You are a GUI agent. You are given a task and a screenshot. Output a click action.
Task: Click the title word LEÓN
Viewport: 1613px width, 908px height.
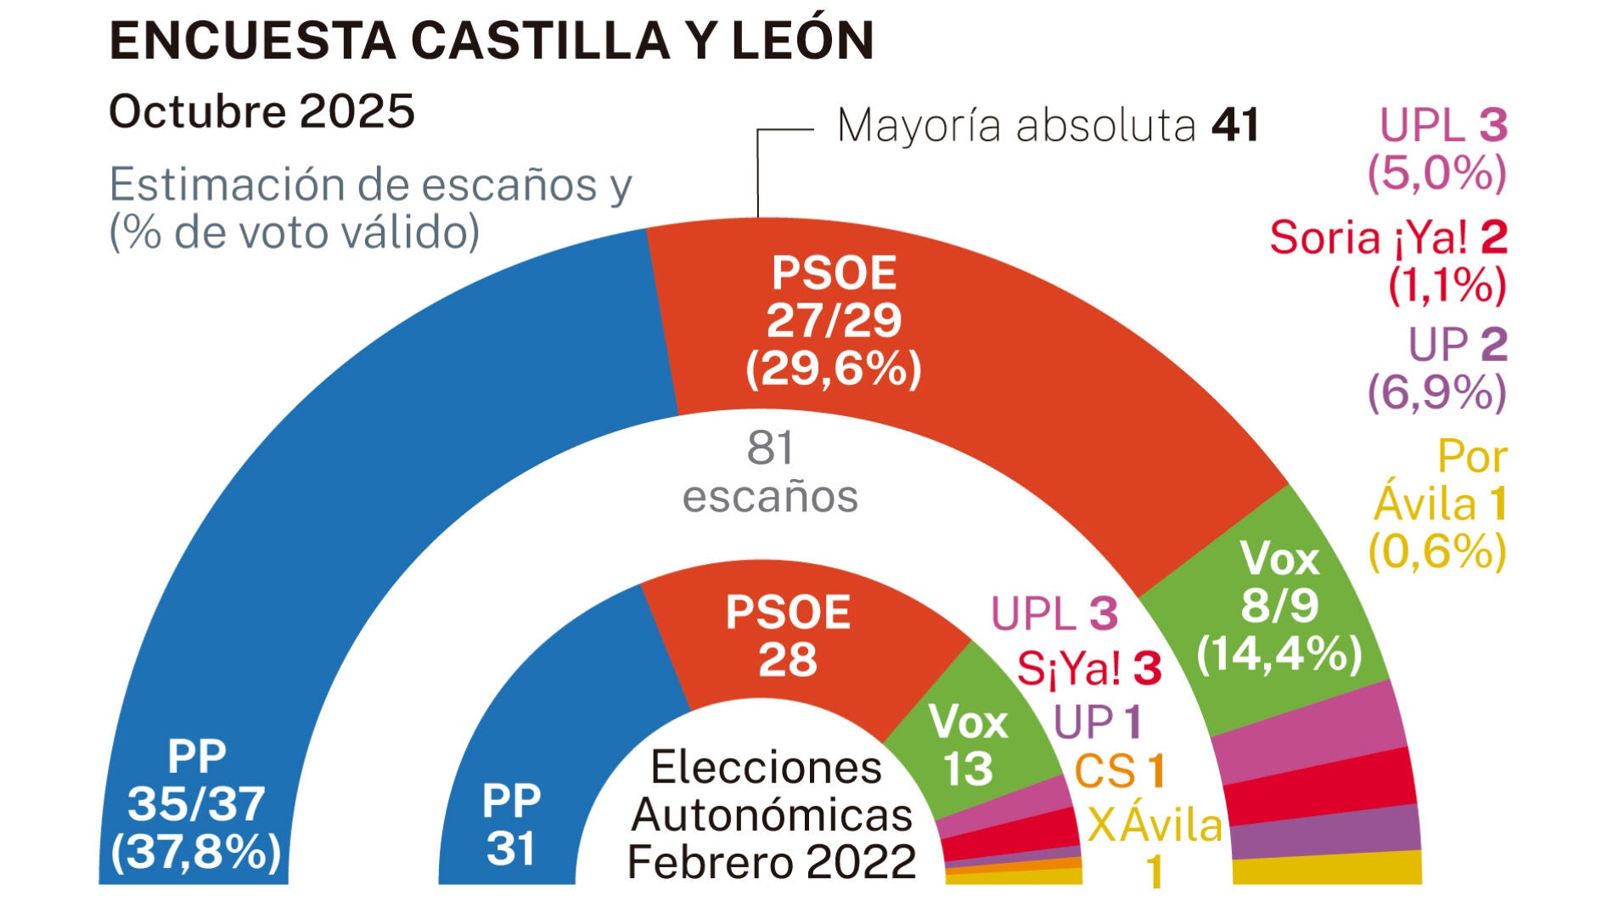tap(802, 40)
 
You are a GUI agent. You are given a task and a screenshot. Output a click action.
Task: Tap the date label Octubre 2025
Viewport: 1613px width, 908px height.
tap(261, 111)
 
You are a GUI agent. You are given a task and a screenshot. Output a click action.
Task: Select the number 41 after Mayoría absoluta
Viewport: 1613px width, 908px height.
tap(1235, 126)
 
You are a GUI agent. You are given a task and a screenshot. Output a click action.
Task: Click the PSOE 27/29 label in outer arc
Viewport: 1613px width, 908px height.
tap(834, 320)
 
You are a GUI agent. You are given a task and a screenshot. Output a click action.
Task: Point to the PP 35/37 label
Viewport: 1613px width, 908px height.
tap(196, 803)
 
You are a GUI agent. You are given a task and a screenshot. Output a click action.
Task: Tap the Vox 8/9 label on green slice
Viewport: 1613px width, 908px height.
tap(1279, 606)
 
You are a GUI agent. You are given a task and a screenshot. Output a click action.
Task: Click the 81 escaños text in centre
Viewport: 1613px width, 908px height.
tap(770, 471)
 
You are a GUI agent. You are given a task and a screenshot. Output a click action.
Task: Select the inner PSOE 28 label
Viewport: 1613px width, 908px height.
tap(788, 635)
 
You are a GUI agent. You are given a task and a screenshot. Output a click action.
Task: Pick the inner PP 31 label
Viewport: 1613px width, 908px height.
tap(511, 824)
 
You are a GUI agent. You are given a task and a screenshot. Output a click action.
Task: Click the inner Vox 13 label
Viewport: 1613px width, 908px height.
tap(968, 744)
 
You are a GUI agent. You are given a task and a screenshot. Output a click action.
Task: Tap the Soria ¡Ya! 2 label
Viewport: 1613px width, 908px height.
tap(1387, 237)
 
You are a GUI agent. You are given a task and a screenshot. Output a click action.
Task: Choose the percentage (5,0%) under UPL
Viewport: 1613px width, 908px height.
tap(1436, 173)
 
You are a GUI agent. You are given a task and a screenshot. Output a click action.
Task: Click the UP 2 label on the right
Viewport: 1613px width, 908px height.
tap(1457, 345)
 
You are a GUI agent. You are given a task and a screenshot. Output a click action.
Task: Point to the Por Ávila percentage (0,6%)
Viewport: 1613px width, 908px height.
tap(1436, 552)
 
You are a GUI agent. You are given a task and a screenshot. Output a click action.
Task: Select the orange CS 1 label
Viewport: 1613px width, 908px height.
tap(1120, 771)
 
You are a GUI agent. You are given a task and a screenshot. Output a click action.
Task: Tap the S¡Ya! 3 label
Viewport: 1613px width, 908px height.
tap(1088, 668)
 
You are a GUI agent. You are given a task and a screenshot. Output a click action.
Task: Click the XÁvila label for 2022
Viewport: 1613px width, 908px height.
tap(1155, 825)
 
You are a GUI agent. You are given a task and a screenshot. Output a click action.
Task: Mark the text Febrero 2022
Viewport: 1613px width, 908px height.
tap(771, 861)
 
